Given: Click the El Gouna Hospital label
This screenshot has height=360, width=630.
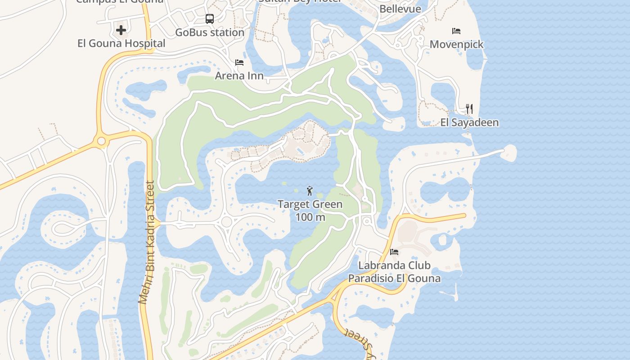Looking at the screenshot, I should click(x=121, y=44).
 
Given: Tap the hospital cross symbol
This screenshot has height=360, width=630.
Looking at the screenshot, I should click(x=121, y=31).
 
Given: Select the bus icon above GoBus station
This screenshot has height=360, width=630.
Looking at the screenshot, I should click(x=210, y=19).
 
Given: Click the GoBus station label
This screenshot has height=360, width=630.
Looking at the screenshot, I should click(x=210, y=32).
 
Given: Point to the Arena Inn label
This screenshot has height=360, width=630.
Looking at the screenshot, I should click(x=239, y=76).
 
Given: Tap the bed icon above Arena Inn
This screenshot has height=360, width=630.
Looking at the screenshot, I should click(x=239, y=63).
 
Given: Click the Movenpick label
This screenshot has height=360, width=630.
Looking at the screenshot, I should click(x=456, y=44).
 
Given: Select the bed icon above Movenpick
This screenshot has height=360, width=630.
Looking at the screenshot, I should click(x=456, y=31).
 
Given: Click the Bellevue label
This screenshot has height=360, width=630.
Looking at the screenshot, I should click(x=400, y=9).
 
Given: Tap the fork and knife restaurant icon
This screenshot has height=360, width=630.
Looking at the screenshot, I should click(x=469, y=109).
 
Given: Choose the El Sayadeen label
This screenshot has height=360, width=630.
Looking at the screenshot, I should click(x=469, y=122).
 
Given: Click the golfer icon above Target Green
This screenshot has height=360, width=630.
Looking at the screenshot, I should click(x=310, y=191).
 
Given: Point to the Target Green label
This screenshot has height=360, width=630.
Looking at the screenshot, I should click(x=310, y=204).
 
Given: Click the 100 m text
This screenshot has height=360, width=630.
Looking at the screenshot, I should click(x=310, y=217).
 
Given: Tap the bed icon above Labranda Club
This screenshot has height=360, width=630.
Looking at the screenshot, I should click(x=394, y=252).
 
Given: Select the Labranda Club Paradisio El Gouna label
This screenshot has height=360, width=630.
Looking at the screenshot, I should click(x=394, y=272).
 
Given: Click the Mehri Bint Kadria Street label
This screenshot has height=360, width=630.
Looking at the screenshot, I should click(x=147, y=243).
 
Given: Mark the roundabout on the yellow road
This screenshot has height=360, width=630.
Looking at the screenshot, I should click(x=101, y=141).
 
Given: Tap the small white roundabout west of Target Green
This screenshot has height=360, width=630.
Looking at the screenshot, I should click(x=226, y=221).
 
